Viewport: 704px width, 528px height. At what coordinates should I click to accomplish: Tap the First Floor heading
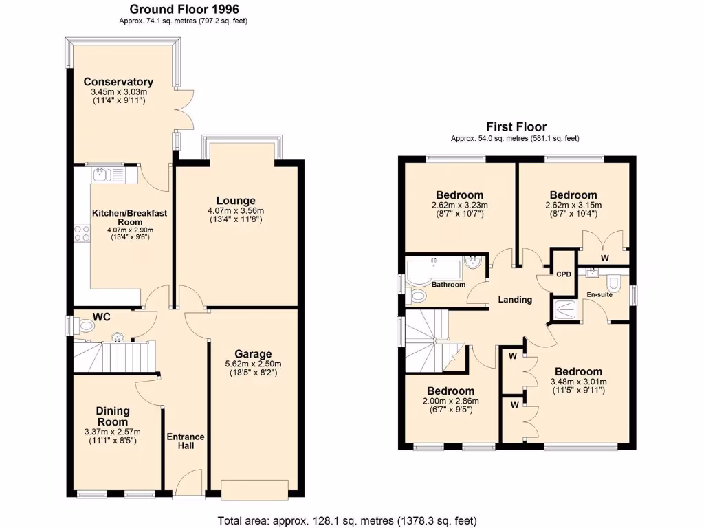click(x=516, y=126)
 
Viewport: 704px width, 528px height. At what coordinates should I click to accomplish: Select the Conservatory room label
click(x=118, y=82)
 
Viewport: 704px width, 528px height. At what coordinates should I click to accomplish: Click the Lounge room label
click(x=236, y=201)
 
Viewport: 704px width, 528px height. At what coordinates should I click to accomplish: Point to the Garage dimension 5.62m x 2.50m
click(x=253, y=364)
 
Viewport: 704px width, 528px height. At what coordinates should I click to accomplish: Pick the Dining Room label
click(x=112, y=417)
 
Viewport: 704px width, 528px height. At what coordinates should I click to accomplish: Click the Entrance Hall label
click(x=186, y=441)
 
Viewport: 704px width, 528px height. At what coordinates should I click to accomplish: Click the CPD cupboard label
click(x=564, y=274)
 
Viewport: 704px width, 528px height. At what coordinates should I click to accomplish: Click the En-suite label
click(x=599, y=294)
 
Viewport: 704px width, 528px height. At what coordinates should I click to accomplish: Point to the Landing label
click(x=515, y=299)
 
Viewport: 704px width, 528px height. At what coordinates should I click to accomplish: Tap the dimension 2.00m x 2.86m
click(x=450, y=401)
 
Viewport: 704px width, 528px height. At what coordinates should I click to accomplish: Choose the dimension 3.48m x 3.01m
click(x=575, y=382)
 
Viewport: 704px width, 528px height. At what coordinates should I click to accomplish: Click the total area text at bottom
click(x=346, y=520)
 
